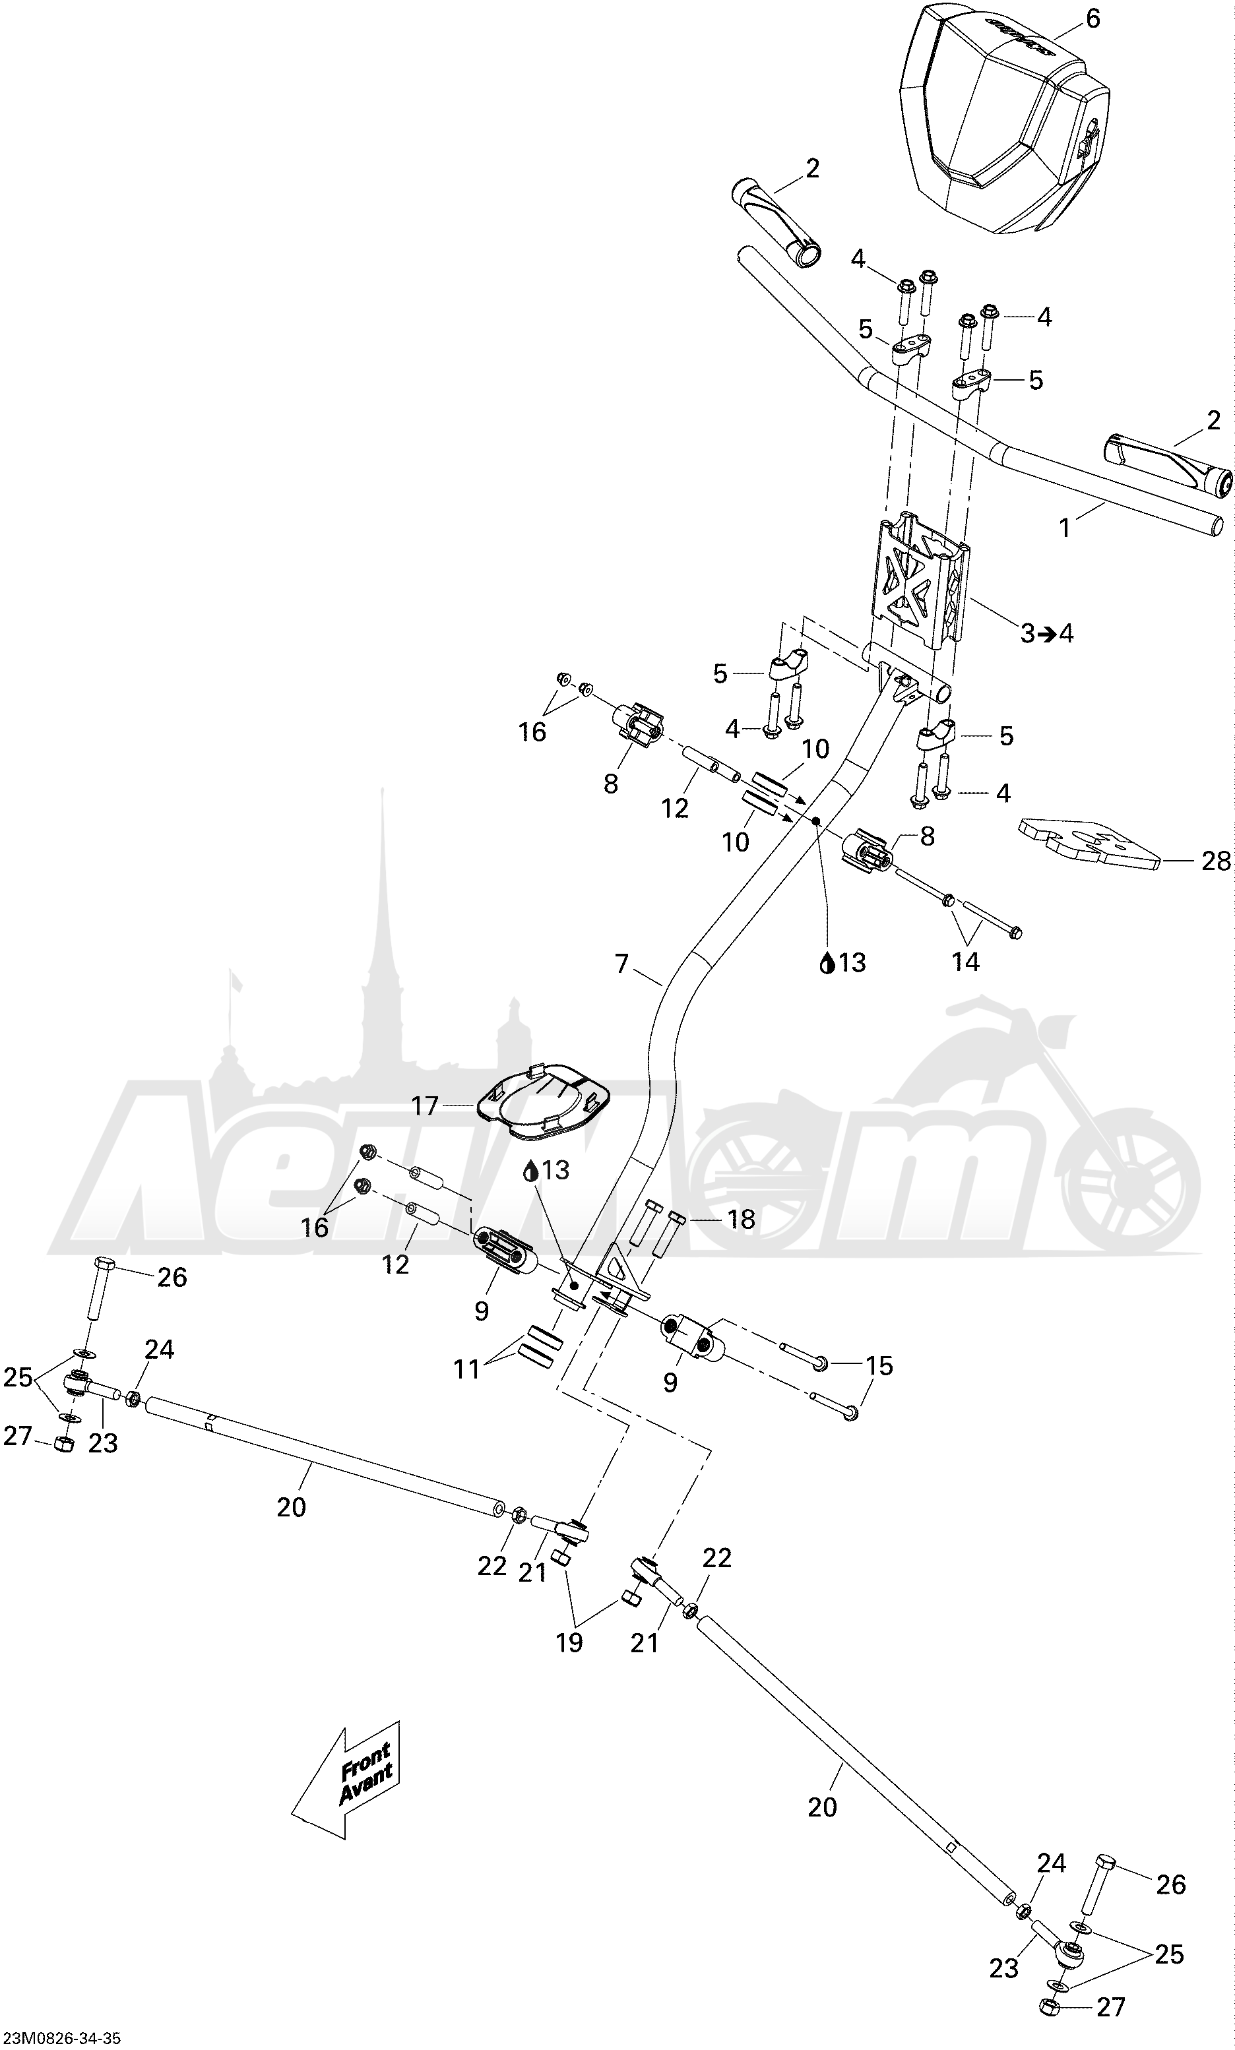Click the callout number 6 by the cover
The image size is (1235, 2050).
pyautogui.click(x=1092, y=18)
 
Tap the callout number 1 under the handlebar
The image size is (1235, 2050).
pyautogui.click(x=1063, y=528)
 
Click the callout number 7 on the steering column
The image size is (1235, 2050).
pyautogui.click(x=621, y=964)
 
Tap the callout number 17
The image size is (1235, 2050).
pyautogui.click(x=424, y=1105)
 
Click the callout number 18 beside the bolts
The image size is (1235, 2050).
pyautogui.click(x=741, y=1220)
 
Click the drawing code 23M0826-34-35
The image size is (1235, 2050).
pyautogui.click(x=61, y=2038)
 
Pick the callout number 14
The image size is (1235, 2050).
pyautogui.click(x=965, y=962)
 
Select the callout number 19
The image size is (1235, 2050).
pyautogui.click(x=569, y=1642)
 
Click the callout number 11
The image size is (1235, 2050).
pyautogui.click(x=467, y=1369)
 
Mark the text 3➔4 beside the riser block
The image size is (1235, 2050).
pyautogui.click(x=1047, y=633)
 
